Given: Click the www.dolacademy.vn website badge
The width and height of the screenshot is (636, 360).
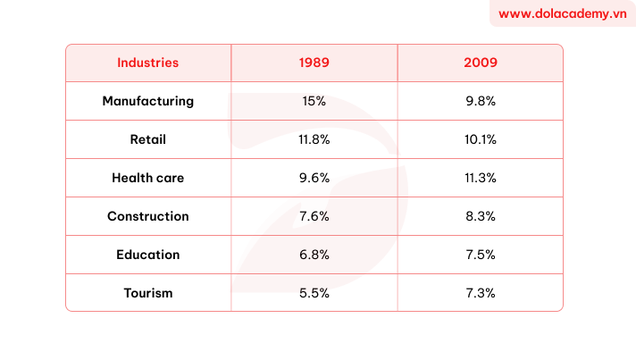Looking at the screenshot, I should pos(562,14).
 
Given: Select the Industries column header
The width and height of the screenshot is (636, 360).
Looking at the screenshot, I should pos(147,63).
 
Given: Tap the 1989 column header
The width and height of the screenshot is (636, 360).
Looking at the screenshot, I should pos(314,63).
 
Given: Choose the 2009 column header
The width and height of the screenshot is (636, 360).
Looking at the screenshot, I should pos(480,63).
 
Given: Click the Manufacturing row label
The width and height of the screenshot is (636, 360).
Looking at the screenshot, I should pos(147,101).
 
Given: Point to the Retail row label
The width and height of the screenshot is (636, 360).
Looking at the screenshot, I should pos(147,139).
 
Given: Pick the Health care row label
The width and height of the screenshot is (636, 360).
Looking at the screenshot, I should pos(147,178).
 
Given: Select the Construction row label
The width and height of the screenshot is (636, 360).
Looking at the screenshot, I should pos(147,216).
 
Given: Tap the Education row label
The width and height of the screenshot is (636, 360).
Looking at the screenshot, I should pos(147,255).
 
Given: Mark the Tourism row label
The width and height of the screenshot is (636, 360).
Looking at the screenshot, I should pos(147,293).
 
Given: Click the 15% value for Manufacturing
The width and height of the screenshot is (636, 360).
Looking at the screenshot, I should pos(314,101).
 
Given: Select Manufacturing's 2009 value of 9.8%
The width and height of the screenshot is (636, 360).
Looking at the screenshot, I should pos(480,101).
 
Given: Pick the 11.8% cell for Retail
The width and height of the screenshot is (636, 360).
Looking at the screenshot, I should pos(314,139).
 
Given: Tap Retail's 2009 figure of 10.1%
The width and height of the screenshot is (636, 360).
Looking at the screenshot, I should pos(480,139).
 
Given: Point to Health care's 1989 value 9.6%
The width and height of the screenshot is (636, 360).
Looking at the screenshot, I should pos(314,178).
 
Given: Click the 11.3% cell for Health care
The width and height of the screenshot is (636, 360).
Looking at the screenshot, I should pos(480,178).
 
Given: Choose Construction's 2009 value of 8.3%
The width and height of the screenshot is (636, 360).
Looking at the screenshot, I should pos(480,216).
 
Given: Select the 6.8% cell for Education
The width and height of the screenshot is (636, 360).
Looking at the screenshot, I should pos(314,255).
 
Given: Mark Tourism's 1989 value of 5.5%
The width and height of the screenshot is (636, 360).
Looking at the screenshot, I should pos(314,293).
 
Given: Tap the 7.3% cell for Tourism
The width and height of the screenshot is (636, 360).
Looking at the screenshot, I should pos(480,293).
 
